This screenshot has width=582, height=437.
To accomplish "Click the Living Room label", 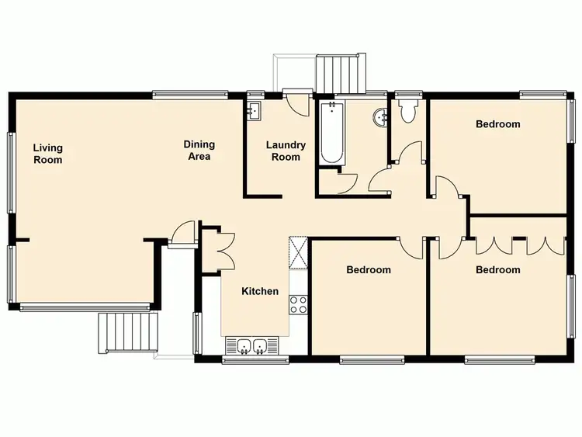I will pos(47,154).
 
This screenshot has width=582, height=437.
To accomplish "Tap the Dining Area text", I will pos(199,150).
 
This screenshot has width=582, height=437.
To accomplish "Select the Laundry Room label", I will pos(286,151).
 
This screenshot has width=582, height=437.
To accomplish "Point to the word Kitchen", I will pos(260,291).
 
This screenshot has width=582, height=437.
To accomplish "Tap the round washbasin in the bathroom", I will pos(380,118).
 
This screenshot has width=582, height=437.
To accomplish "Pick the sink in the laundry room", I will pos(255,112).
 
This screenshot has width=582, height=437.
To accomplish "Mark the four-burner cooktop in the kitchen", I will pos(298,304).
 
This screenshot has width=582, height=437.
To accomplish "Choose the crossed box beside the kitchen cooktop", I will pos(298,251).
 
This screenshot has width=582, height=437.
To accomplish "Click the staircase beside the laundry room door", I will pos(341,73).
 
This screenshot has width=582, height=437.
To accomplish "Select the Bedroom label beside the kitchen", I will pos(368,270).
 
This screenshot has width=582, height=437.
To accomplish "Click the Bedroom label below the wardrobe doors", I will pos(497,269).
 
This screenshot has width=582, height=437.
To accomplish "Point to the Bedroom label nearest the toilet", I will pos(497,123).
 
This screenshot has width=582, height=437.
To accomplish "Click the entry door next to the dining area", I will pos(182,233).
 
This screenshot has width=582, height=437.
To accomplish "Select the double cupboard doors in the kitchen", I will pos(225,249).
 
